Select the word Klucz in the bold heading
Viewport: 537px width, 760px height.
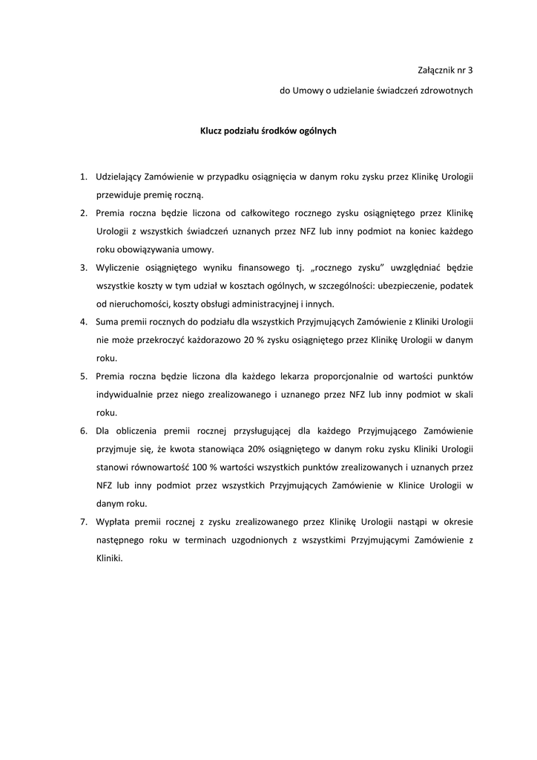212,131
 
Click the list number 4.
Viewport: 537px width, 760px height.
84,322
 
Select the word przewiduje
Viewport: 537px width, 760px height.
118,195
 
